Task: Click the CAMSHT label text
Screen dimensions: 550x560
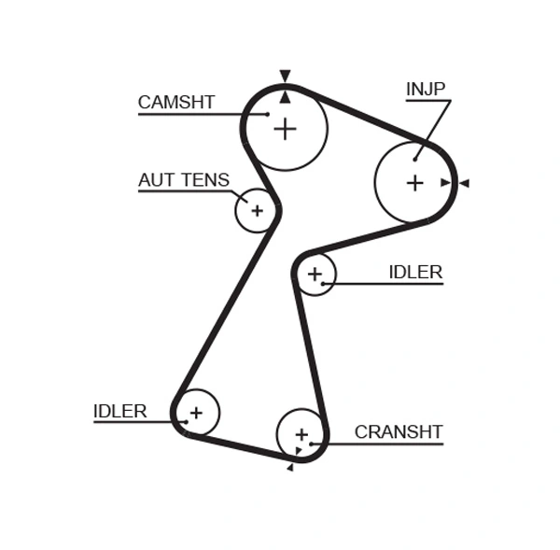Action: click(x=176, y=103)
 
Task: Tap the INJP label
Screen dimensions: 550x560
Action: click(x=426, y=90)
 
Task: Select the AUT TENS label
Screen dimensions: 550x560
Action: click(x=183, y=180)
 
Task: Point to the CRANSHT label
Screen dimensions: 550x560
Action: click(x=399, y=431)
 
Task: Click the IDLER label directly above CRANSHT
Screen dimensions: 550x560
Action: click(x=415, y=273)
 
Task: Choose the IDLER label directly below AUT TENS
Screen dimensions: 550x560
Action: click(x=120, y=411)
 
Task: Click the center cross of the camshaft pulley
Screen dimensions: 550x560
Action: click(x=285, y=129)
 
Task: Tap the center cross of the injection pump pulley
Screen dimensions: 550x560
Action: click(x=414, y=183)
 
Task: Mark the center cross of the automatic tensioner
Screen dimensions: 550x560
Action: click(x=257, y=211)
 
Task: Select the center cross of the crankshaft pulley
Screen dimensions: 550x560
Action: click(x=301, y=434)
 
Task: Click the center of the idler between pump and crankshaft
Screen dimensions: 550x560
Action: click(x=315, y=274)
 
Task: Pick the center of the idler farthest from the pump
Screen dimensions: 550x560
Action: click(x=196, y=412)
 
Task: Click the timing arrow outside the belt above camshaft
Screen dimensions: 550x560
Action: click(x=285, y=76)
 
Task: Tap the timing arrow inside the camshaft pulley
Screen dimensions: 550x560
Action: click(x=285, y=95)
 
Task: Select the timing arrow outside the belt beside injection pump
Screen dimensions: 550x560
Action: click(x=464, y=183)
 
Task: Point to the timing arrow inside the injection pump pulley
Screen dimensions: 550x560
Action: click(x=446, y=183)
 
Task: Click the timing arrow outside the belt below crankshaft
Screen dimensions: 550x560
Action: click(x=290, y=468)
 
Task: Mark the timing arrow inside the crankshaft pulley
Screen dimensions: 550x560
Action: click(x=298, y=451)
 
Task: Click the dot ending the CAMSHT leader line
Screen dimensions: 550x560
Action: click(x=267, y=114)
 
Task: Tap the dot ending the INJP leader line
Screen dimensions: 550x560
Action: click(x=415, y=159)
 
